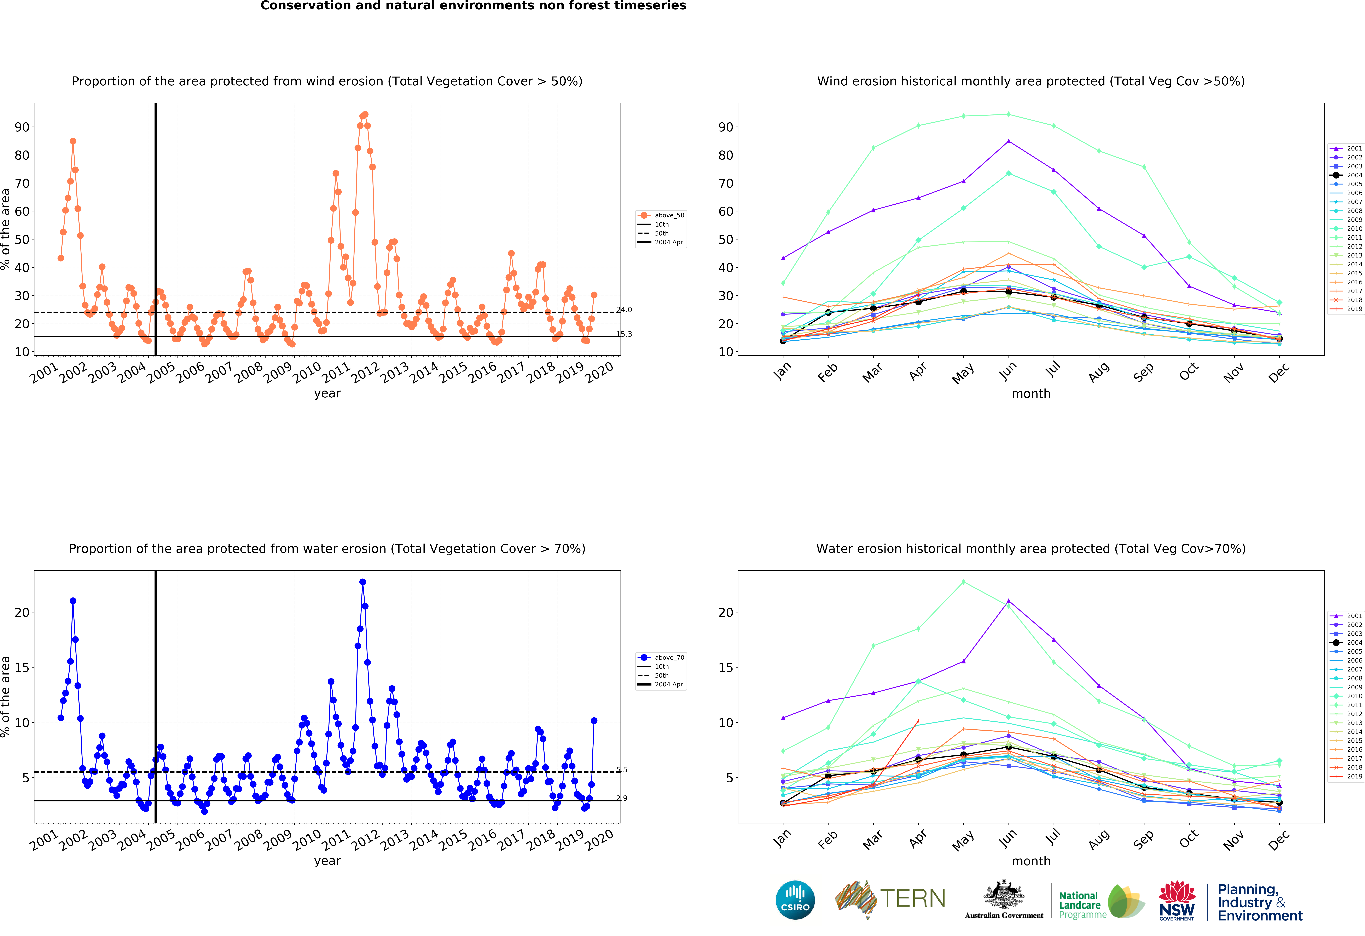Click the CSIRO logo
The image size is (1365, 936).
click(795, 900)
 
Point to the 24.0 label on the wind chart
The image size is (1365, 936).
click(624, 310)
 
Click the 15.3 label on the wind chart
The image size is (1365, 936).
click(624, 334)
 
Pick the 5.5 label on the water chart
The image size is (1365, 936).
click(622, 770)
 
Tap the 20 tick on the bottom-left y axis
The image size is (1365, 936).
click(22, 612)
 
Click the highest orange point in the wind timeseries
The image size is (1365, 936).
click(365, 115)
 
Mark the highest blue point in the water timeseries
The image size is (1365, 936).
click(362, 582)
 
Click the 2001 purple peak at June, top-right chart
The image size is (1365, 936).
click(1009, 141)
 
